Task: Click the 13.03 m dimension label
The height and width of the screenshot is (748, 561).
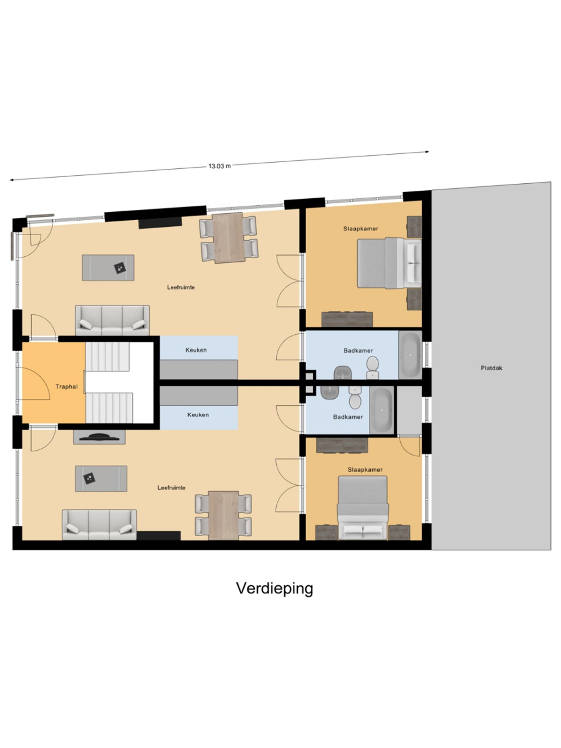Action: point(219,166)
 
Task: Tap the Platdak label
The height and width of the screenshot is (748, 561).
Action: point(491,368)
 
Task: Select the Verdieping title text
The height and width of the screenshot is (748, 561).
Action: point(274,588)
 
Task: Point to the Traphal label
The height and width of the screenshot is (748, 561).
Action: point(66,387)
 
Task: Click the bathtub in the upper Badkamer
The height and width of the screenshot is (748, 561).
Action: point(410,355)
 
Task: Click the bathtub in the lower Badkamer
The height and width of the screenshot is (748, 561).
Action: point(382,410)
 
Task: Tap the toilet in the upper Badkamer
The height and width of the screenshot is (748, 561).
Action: point(373,367)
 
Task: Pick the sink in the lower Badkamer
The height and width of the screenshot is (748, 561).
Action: point(330,392)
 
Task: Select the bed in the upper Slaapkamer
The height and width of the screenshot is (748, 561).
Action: point(389,263)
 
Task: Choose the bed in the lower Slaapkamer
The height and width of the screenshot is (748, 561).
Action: point(363,508)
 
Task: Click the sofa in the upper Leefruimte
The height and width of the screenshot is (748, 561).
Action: point(112,320)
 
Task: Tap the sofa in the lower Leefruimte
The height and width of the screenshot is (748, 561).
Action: point(99,525)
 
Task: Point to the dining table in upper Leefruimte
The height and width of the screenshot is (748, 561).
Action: point(229,238)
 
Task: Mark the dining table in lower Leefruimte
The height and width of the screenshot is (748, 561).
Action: point(223,515)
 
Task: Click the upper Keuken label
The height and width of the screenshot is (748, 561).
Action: point(196,350)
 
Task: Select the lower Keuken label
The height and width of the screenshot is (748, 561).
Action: point(198,415)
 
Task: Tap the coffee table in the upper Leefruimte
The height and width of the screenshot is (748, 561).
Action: point(108,267)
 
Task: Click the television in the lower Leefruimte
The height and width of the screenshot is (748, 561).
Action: point(99,437)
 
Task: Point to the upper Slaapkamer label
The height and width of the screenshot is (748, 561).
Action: point(361,229)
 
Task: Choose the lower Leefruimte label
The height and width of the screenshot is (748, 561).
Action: point(171,488)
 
